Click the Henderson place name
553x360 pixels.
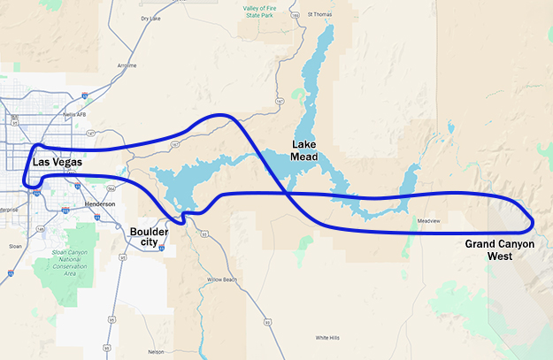[x=99, y=204]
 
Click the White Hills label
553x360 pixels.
[x=327, y=338]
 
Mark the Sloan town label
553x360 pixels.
[x=15, y=247]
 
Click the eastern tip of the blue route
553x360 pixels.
[x=534, y=220]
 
